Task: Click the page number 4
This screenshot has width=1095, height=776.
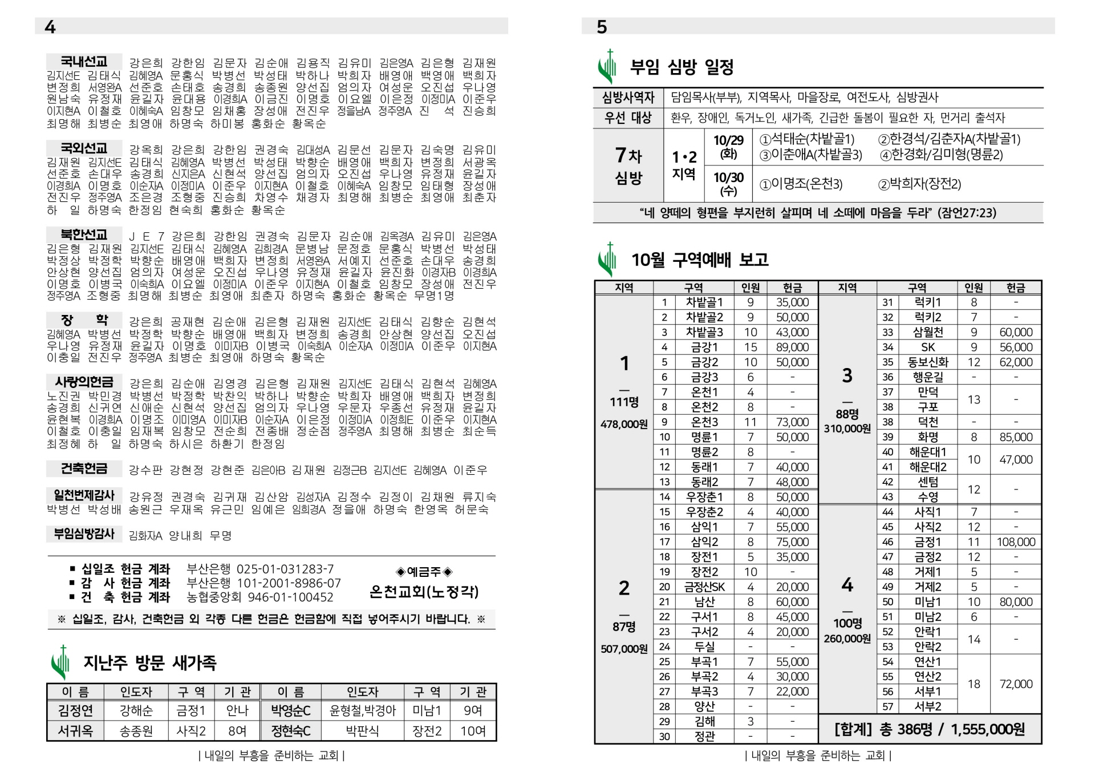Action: click(x=50, y=27)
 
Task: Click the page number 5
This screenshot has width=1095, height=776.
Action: click(x=602, y=27)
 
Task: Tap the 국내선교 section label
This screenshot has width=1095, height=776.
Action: click(x=84, y=62)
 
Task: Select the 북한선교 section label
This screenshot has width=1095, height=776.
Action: click(x=84, y=235)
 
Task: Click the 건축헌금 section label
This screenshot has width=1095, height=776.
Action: click(x=84, y=469)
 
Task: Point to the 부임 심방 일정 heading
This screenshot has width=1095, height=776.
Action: click(x=682, y=67)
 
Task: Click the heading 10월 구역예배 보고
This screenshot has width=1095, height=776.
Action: click(x=699, y=260)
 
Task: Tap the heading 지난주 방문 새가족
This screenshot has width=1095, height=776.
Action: click(x=149, y=662)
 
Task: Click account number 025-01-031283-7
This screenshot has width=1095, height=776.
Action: click(x=285, y=569)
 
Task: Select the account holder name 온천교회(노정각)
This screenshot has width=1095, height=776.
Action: click(x=424, y=592)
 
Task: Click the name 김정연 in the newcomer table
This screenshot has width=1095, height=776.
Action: click(x=75, y=710)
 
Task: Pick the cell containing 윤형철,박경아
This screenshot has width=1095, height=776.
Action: click(x=362, y=710)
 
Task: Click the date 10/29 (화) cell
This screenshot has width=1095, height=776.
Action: click(x=728, y=147)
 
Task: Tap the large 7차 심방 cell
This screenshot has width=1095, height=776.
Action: click(x=628, y=165)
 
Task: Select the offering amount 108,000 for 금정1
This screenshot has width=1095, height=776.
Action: click(x=1016, y=542)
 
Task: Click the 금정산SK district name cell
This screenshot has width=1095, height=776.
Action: click(x=704, y=587)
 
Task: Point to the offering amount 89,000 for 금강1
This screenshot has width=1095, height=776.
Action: click(x=792, y=347)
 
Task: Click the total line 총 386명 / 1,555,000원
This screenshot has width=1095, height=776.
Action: click(x=930, y=729)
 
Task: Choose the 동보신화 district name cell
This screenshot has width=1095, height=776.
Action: click(x=928, y=362)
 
